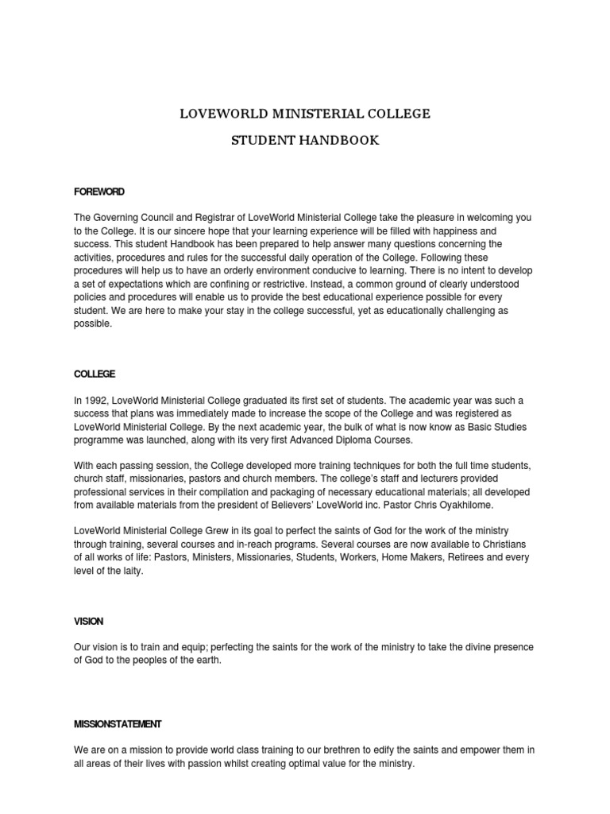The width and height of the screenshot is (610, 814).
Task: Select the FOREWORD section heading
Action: coord(99,192)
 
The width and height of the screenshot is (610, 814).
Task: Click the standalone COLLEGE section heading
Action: coord(95,374)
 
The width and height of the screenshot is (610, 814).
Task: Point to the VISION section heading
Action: coord(89,621)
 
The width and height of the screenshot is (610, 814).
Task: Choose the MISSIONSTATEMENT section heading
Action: coord(118,723)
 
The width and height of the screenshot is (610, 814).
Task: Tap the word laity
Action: coord(131,571)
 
